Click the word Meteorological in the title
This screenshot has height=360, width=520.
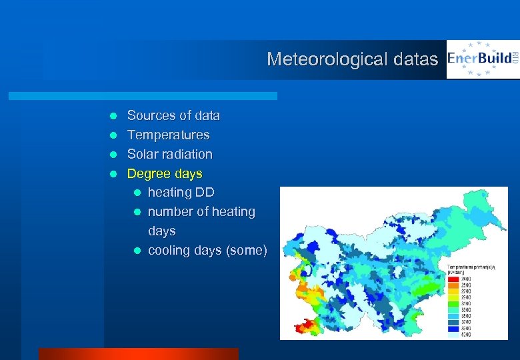click(x=321, y=59)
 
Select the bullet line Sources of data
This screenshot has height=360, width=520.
click(x=173, y=115)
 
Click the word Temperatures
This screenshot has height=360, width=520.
click(x=168, y=135)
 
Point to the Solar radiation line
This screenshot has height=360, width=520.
click(x=170, y=154)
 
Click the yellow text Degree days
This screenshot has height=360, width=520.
click(x=165, y=173)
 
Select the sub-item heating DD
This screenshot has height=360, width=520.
click(x=181, y=193)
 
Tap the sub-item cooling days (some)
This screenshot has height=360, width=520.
click(x=207, y=250)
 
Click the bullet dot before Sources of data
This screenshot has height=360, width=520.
click(x=113, y=116)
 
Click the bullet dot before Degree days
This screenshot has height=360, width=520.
click(x=113, y=174)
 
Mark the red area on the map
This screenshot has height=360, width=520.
click(x=305, y=326)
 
